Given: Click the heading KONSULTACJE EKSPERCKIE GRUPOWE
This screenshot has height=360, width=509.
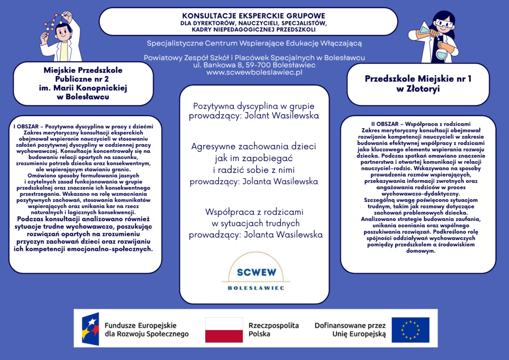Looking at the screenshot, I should pyautogui.click(x=254, y=15).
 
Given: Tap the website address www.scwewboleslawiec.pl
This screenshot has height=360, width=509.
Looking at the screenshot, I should pyautogui.click(x=254, y=73).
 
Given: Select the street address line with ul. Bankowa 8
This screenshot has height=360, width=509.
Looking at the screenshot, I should pyautogui.click(x=254, y=65).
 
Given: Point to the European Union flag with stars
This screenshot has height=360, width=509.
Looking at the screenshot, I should pyautogui.click(x=410, y=330).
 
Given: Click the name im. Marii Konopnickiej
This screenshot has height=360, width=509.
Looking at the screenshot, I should pyautogui.click(x=83, y=88).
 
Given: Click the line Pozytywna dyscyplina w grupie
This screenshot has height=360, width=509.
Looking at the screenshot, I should pyautogui.click(x=254, y=106).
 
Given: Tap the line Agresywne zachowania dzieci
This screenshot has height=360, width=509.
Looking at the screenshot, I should pyautogui.click(x=254, y=147).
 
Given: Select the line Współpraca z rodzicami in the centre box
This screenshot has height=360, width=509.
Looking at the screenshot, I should pyautogui.click(x=254, y=212).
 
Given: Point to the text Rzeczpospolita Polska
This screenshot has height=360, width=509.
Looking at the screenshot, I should pyautogui.click(x=273, y=330).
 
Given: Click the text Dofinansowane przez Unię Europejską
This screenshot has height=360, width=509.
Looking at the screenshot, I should pyautogui.click(x=350, y=330).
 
